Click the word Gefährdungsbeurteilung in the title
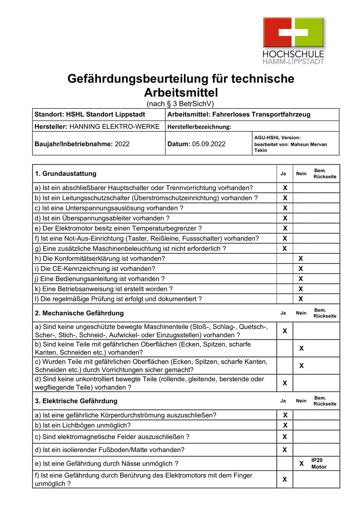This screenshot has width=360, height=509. [x=137, y=79]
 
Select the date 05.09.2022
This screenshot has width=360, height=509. [x=209, y=144]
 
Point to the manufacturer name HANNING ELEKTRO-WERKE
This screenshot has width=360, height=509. [x=114, y=126]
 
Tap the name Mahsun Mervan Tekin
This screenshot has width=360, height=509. [x=290, y=147]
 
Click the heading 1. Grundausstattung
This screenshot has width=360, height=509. [x=66, y=173]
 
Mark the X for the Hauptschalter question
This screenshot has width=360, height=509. [x=285, y=188]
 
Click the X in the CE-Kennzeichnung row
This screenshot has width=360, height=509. [x=301, y=269]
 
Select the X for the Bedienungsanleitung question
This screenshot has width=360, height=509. [x=301, y=279]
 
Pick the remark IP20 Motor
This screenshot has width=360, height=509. [x=319, y=463]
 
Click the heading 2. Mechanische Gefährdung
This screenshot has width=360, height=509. [x=79, y=313]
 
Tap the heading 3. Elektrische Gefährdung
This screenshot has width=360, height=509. [x=76, y=401]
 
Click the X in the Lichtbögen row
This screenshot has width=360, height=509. [x=285, y=425]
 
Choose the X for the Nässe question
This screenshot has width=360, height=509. [x=301, y=463]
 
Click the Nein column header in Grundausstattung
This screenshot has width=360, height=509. [x=301, y=173]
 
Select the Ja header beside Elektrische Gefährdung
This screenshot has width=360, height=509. [x=283, y=401]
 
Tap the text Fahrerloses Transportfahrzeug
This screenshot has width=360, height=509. [x=261, y=115]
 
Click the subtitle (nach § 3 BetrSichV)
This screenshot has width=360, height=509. [x=180, y=104]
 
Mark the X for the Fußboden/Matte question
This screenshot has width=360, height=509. [x=285, y=450]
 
